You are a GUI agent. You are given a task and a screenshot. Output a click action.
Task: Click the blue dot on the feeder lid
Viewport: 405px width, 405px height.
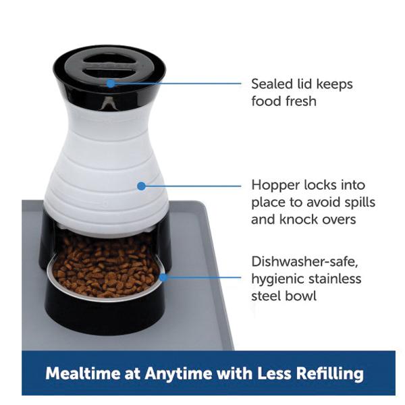click(x=111, y=84)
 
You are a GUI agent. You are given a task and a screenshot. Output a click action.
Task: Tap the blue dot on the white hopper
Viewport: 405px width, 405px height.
click(x=141, y=186)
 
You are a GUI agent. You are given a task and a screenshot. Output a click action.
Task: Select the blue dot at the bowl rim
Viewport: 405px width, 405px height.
click(x=163, y=277)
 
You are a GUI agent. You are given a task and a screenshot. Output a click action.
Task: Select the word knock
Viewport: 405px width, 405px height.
click(x=297, y=219)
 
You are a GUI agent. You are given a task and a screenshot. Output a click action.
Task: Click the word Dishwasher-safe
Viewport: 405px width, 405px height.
click(x=305, y=262)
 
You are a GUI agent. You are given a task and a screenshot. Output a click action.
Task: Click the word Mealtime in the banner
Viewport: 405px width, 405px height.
click(x=83, y=373)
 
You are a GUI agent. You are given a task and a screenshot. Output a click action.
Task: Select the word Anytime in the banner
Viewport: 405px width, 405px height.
click(x=178, y=374)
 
